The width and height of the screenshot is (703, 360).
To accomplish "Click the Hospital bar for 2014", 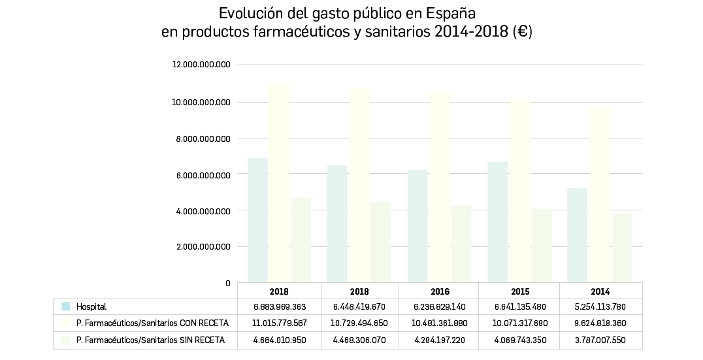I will [578, 235].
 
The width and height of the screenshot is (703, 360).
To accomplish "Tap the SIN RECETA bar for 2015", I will [542, 246].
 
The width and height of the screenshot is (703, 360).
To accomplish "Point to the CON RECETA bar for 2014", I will [599, 195].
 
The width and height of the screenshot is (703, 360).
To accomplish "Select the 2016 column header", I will [438, 291].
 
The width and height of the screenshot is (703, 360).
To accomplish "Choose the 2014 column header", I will [599, 291].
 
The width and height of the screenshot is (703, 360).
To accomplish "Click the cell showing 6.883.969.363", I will [279, 306].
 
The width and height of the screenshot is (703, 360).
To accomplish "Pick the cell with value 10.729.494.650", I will [359, 323].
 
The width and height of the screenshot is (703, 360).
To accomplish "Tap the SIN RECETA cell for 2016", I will [438, 340].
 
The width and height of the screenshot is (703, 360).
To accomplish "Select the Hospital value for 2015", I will [519, 306].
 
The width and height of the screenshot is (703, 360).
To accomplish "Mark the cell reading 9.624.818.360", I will [599, 323].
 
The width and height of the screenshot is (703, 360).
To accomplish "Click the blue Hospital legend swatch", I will [66, 306].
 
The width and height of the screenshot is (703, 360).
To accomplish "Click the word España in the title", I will [451, 14].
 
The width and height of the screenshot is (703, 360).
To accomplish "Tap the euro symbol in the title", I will [522, 32].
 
